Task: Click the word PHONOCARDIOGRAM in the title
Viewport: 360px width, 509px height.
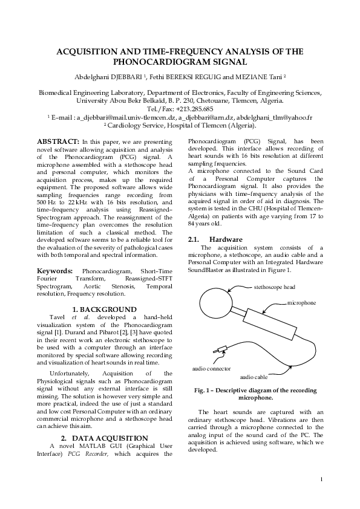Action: click(x=180, y=62)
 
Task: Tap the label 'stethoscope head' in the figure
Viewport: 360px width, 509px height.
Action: click(x=274, y=287)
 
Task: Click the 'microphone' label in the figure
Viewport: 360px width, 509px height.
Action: click(x=301, y=301)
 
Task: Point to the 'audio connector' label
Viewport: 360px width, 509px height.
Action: click(x=211, y=368)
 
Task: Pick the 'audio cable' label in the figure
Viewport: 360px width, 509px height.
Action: click(x=254, y=376)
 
